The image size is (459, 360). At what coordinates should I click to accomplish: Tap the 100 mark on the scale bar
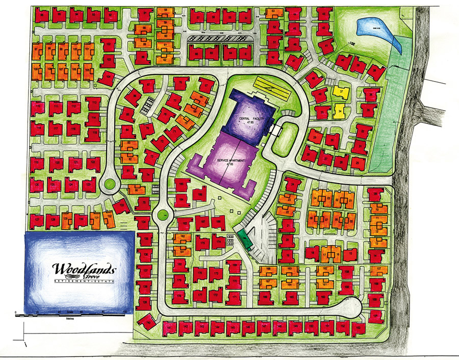point(125,312)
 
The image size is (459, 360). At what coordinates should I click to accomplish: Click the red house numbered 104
point(107,79)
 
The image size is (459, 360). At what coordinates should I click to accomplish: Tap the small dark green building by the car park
point(244,238)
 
